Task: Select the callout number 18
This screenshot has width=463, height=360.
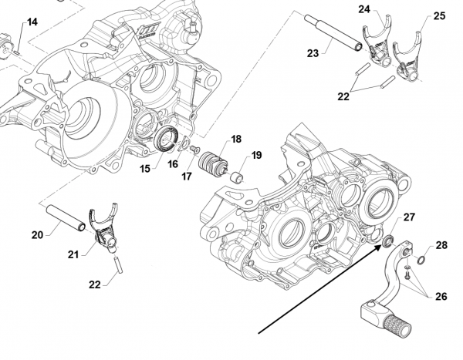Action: tap(236, 139)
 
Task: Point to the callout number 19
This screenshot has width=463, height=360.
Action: tap(256, 154)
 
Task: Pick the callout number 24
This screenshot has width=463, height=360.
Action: tap(364, 9)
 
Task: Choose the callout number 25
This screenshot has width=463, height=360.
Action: tap(439, 15)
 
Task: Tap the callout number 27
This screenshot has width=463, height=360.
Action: tap(410, 218)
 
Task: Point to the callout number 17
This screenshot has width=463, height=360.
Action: tap(187, 176)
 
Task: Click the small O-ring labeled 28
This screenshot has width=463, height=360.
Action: tap(421, 259)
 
